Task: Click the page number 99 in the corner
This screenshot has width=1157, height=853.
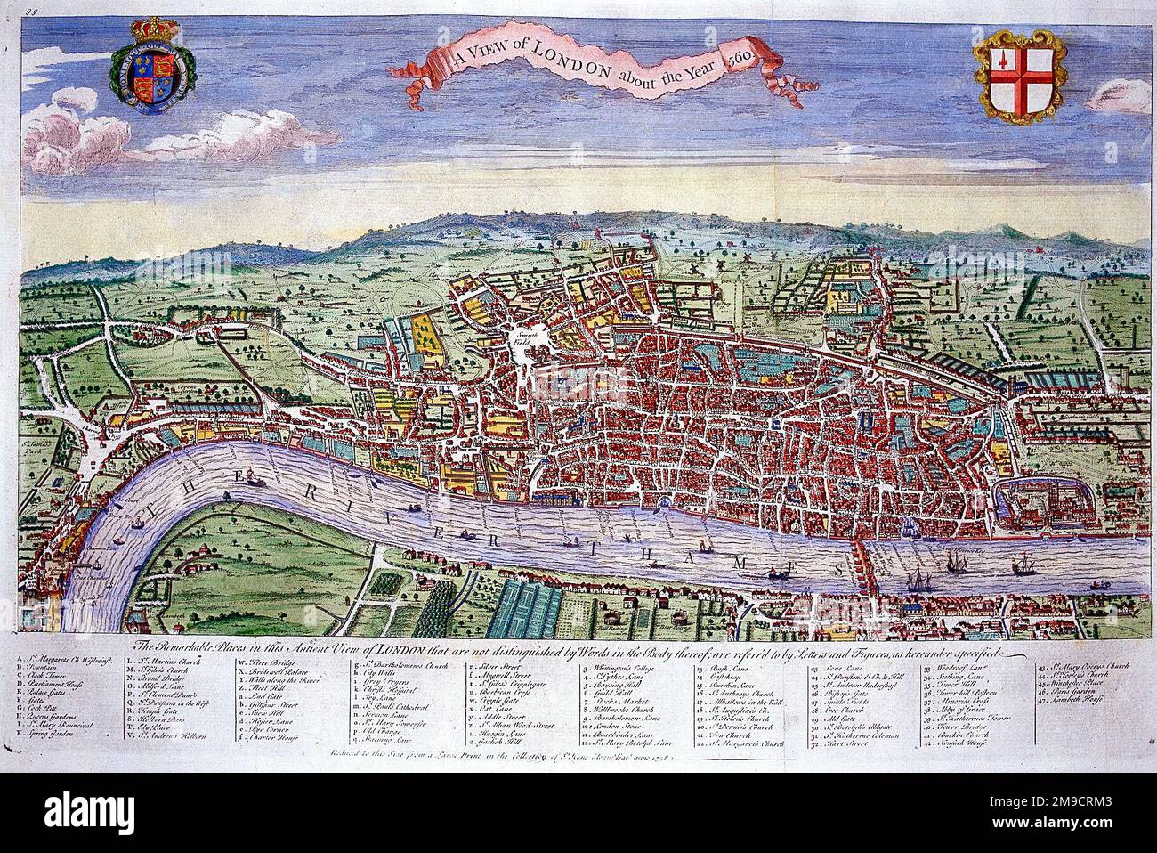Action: click(x=12, y=10)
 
